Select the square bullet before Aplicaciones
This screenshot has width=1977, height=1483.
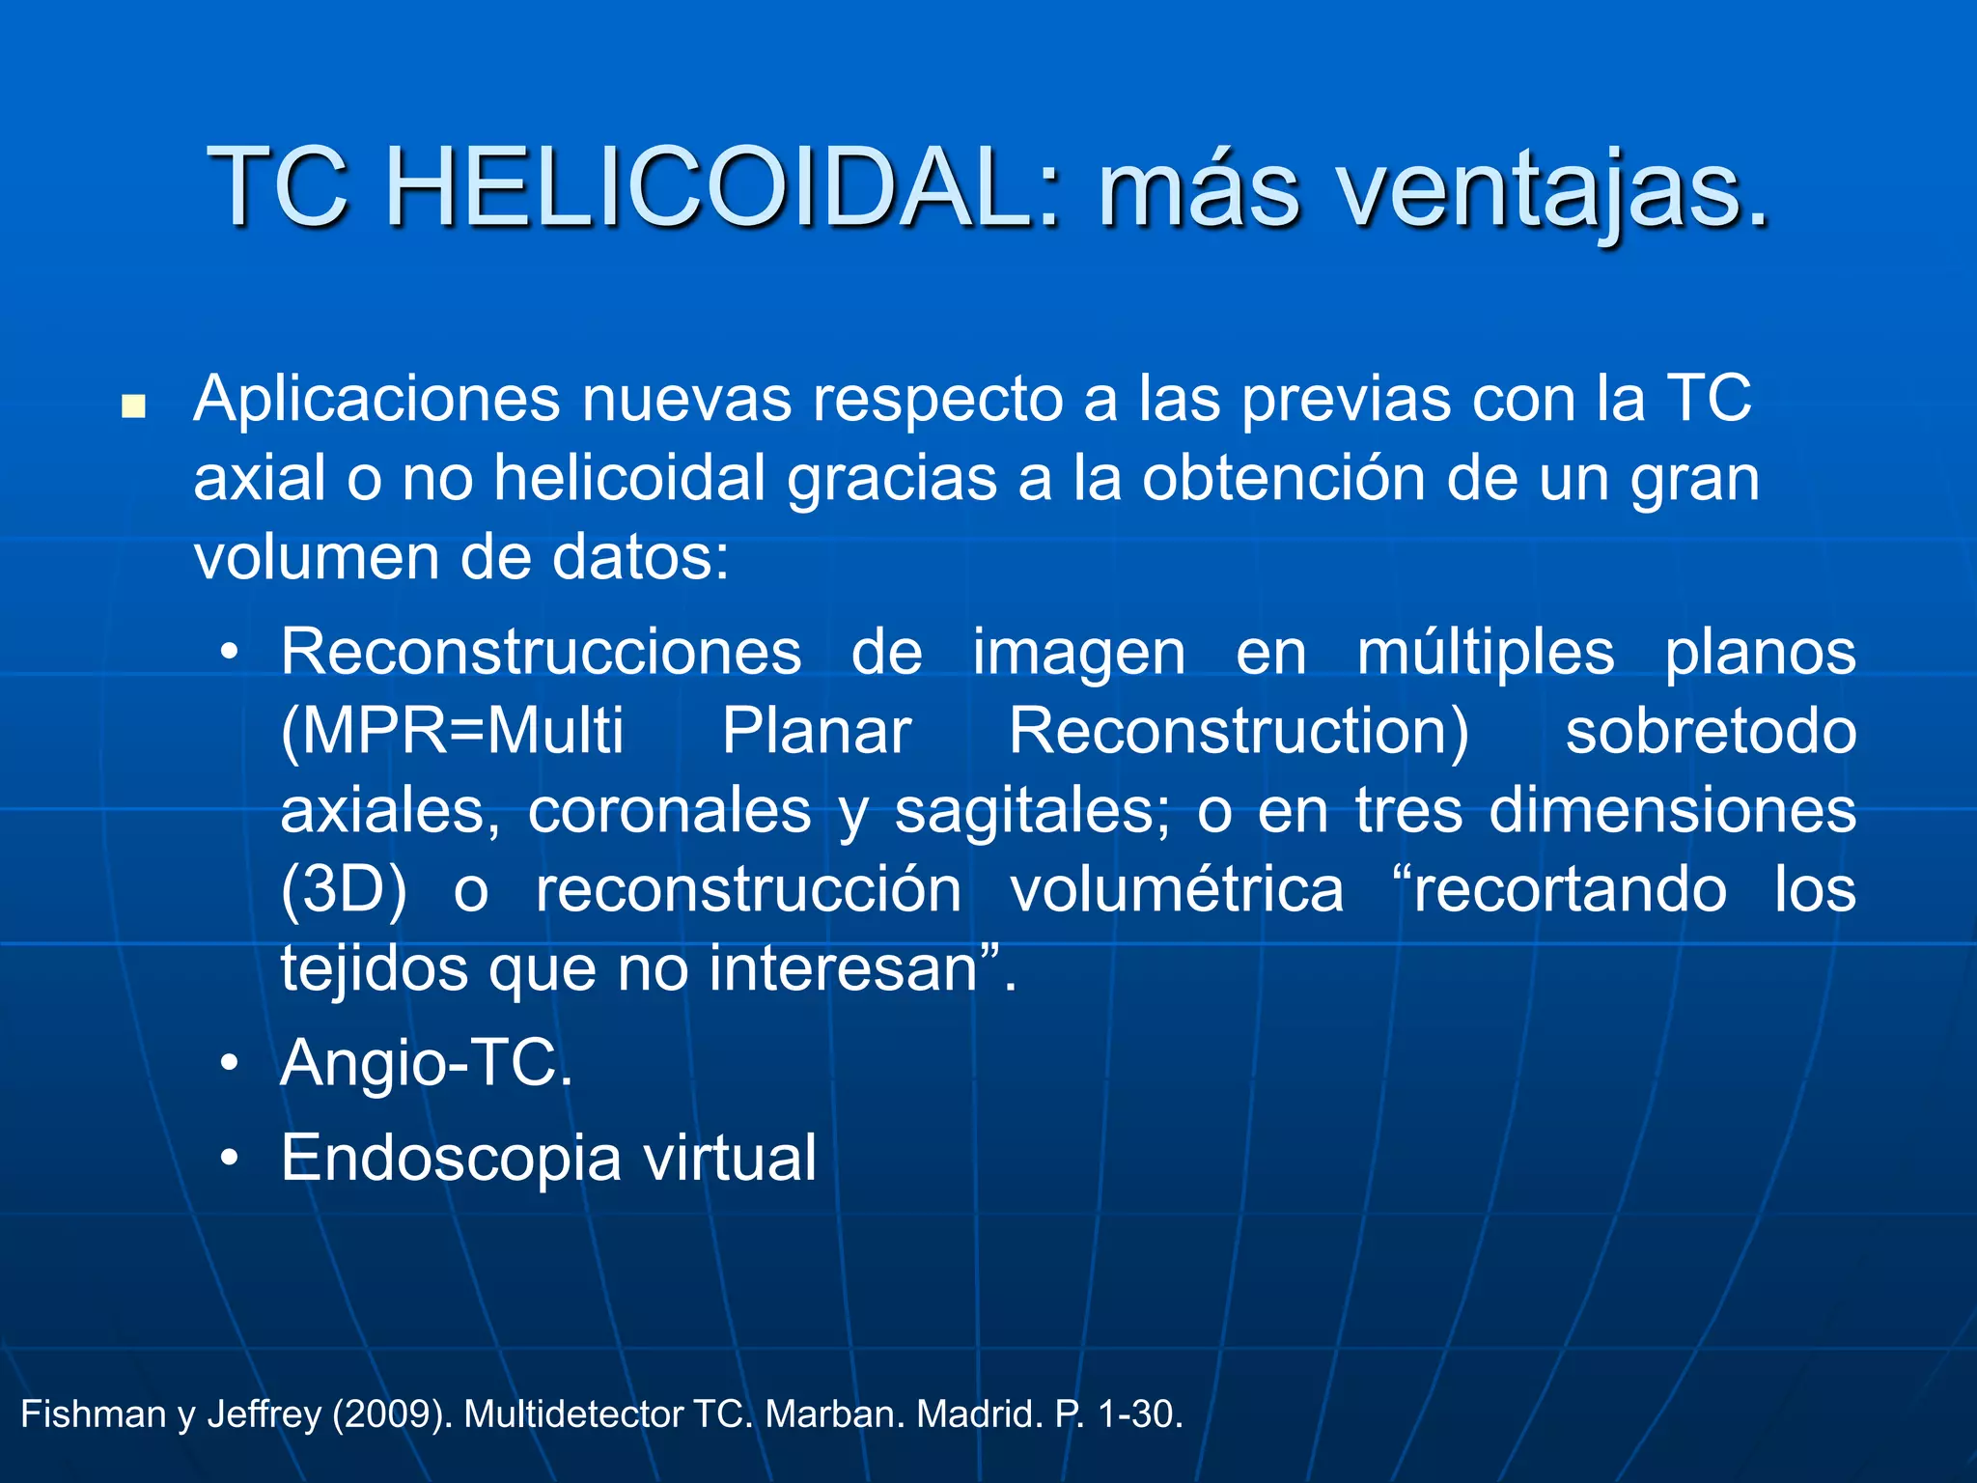pos(133,406)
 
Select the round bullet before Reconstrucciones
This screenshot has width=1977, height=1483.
pos(229,654)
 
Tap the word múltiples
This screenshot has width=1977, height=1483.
pos(1486,653)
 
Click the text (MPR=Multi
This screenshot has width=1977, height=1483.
pos(452,732)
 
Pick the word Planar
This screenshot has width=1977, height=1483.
pos(817,732)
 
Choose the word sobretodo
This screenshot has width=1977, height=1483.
pos(1711,732)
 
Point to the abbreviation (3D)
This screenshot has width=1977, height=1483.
pos(343,890)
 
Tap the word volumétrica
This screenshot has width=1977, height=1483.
pos(1177,890)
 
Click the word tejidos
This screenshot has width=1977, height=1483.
pos(374,968)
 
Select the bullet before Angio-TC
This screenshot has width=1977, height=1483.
pos(229,1064)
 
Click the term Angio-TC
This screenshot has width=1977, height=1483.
pos(427,1064)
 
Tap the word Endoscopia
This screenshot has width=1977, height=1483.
pos(451,1159)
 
